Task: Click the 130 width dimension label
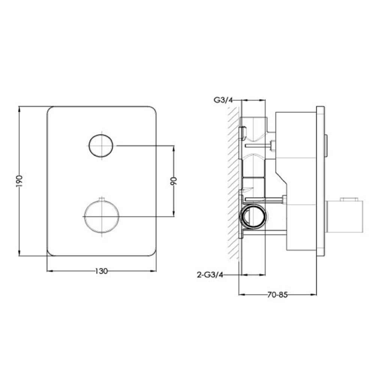(102, 271)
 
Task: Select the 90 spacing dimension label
(173, 181)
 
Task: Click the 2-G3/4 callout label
(210, 275)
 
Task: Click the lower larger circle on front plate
(101, 216)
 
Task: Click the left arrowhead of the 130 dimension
(49, 271)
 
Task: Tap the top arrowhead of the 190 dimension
(19, 109)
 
